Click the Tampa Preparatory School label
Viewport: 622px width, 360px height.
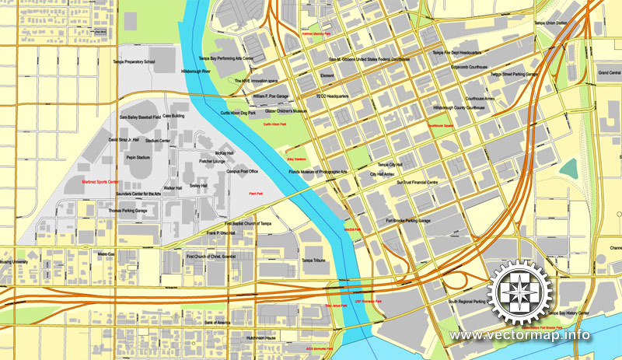tap(134, 61)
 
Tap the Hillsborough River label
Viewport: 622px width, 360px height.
tap(180, 71)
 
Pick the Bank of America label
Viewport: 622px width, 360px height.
tap(218, 322)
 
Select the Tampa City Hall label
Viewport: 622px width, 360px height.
tap(390, 165)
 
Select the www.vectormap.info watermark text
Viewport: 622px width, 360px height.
tap(519, 336)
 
